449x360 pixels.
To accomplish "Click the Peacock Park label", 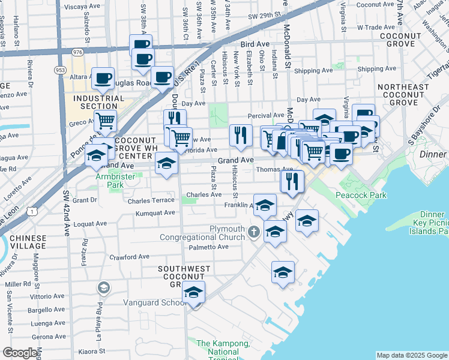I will (361, 195).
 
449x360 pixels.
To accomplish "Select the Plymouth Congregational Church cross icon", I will (254, 230).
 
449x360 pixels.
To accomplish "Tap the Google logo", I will (19, 353).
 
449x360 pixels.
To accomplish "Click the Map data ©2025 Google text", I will (411, 355).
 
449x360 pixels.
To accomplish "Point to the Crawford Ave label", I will (128, 257).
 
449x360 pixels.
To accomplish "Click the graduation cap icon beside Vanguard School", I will (193, 292).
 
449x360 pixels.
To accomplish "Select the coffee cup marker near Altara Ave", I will (103, 77).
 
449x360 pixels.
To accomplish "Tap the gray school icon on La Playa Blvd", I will (103, 289).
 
